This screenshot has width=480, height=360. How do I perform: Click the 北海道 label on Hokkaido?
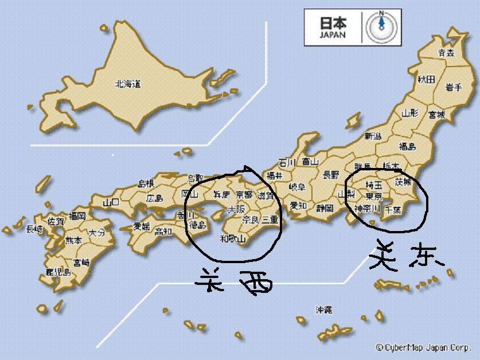(128, 84)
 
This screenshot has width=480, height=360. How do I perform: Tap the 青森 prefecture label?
(446, 53)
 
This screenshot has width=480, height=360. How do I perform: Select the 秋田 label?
(426, 79)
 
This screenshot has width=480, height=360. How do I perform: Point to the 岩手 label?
(454, 87)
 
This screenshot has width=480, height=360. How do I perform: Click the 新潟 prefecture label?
(373, 136)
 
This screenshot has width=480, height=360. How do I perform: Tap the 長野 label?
(331, 174)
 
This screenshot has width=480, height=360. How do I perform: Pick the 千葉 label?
(393, 210)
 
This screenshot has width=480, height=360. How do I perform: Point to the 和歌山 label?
(233, 239)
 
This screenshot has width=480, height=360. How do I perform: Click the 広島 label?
(154, 198)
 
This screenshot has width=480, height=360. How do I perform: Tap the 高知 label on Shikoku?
(164, 232)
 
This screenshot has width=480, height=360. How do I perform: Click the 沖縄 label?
(323, 310)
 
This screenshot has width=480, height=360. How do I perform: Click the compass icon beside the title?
(380, 26)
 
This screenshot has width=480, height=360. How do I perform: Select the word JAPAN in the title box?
(334, 34)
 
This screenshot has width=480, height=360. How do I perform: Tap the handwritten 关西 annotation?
(232, 283)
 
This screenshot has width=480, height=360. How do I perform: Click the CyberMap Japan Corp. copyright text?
(424, 347)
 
